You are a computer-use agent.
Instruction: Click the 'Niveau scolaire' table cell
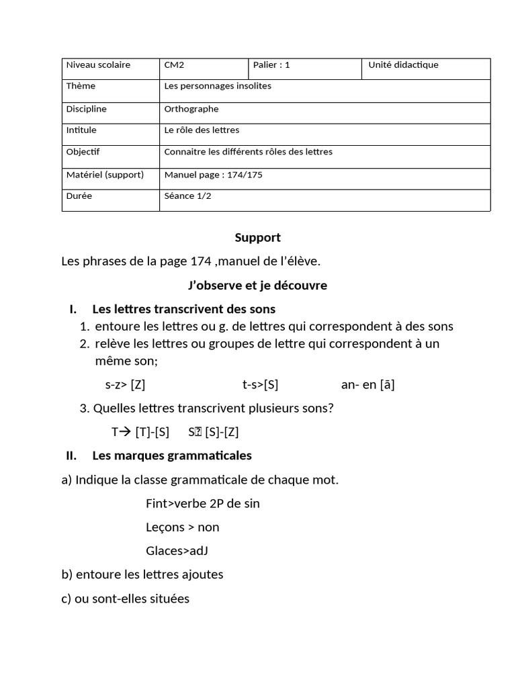click(98, 65)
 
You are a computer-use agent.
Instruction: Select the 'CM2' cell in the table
click(174, 65)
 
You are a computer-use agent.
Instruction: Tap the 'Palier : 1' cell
click(271, 65)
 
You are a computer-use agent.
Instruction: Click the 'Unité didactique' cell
click(403, 65)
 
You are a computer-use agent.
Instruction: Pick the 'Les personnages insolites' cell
click(218, 86)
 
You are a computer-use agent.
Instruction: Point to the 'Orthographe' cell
click(191, 109)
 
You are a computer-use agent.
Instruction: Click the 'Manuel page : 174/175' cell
click(213, 175)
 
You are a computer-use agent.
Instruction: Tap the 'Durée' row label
click(79, 196)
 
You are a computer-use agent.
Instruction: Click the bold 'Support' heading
click(257, 237)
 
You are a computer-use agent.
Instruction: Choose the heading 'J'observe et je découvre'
click(257, 286)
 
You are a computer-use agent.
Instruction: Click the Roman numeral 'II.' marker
click(71, 456)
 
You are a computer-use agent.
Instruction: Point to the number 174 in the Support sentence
click(201, 261)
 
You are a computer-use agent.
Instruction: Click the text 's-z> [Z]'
click(126, 385)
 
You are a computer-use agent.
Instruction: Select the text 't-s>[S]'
click(260, 385)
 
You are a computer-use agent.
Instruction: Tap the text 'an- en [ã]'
click(368, 385)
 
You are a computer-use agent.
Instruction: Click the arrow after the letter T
click(126, 431)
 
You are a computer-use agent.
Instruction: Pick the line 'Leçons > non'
click(182, 527)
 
